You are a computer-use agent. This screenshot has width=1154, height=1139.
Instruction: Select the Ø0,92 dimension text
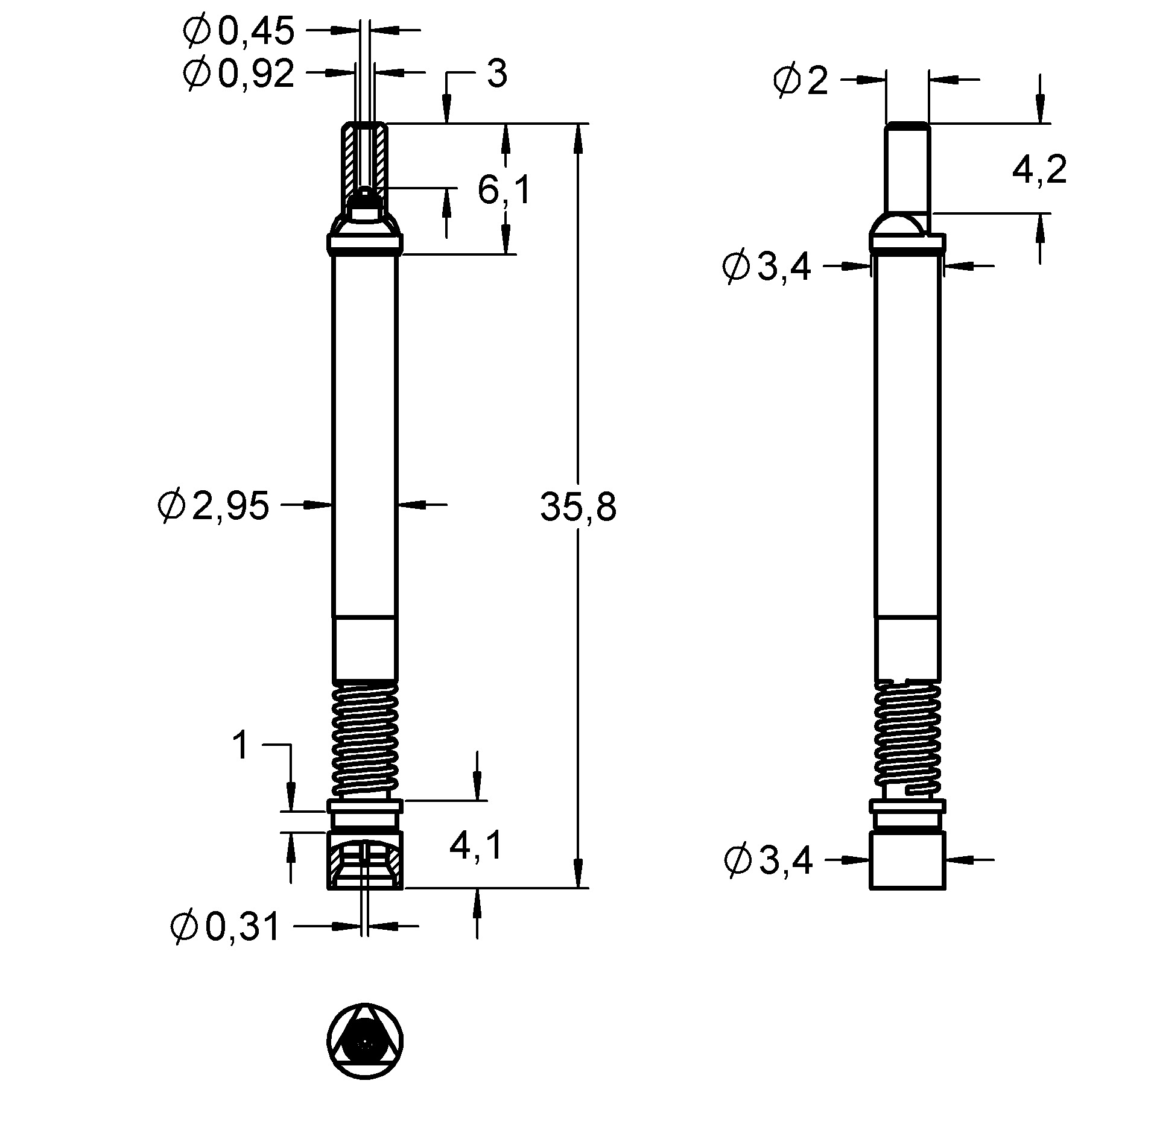[238, 75]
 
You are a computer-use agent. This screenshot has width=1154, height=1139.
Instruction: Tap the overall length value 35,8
[578, 506]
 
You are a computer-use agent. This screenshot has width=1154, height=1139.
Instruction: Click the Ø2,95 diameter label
[213, 505]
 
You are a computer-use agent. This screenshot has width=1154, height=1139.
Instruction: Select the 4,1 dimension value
[475, 846]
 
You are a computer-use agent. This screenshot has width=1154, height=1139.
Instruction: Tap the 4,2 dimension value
[1039, 170]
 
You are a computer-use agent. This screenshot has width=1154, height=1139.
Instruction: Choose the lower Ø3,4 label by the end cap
[768, 860]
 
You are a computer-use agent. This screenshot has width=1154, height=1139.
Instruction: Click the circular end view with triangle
[365, 1041]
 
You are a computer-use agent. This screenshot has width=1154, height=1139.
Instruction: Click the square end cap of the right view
[907, 860]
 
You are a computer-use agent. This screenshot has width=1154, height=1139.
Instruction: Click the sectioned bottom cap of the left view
[365, 860]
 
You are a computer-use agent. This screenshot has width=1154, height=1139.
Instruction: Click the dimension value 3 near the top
[496, 75]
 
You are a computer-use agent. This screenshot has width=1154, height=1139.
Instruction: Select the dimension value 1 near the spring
[240, 746]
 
